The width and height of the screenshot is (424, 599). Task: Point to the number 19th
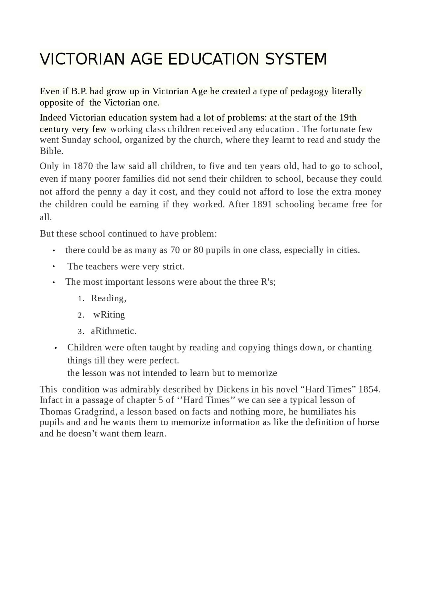[x=348, y=117]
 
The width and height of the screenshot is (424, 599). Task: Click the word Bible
[x=51, y=151]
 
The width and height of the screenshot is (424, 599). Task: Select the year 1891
[x=262, y=204]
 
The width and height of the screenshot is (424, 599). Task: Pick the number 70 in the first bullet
[x=175, y=250]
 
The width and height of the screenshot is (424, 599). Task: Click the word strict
[x=173, y=267]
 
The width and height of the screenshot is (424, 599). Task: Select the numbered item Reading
[x=108, y=298]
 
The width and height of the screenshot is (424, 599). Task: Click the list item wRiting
[x=109, y=315]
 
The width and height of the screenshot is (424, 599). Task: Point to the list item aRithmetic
[x=114, y=331]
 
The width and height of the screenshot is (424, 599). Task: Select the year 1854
[x=369, y=389]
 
